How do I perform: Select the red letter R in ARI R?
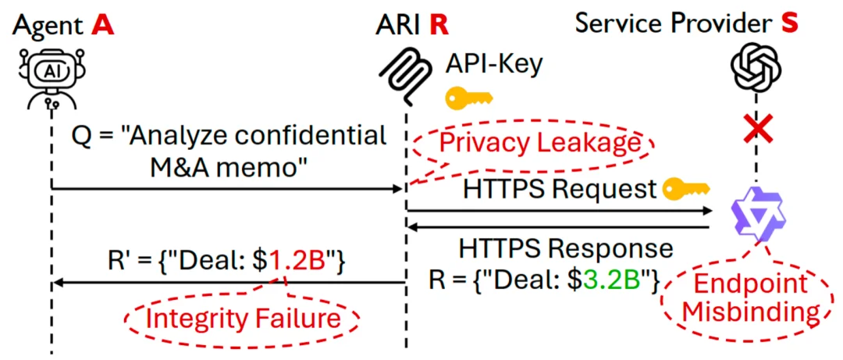pos(438,25)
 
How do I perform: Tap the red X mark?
pos(756,130)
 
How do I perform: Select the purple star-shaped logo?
pos(758,212)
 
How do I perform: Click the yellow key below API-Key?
pos(469,98)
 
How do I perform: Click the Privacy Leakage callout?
pos(533,145)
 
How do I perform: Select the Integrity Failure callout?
pos(243,319)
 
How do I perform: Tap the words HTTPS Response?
pos(566,249)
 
